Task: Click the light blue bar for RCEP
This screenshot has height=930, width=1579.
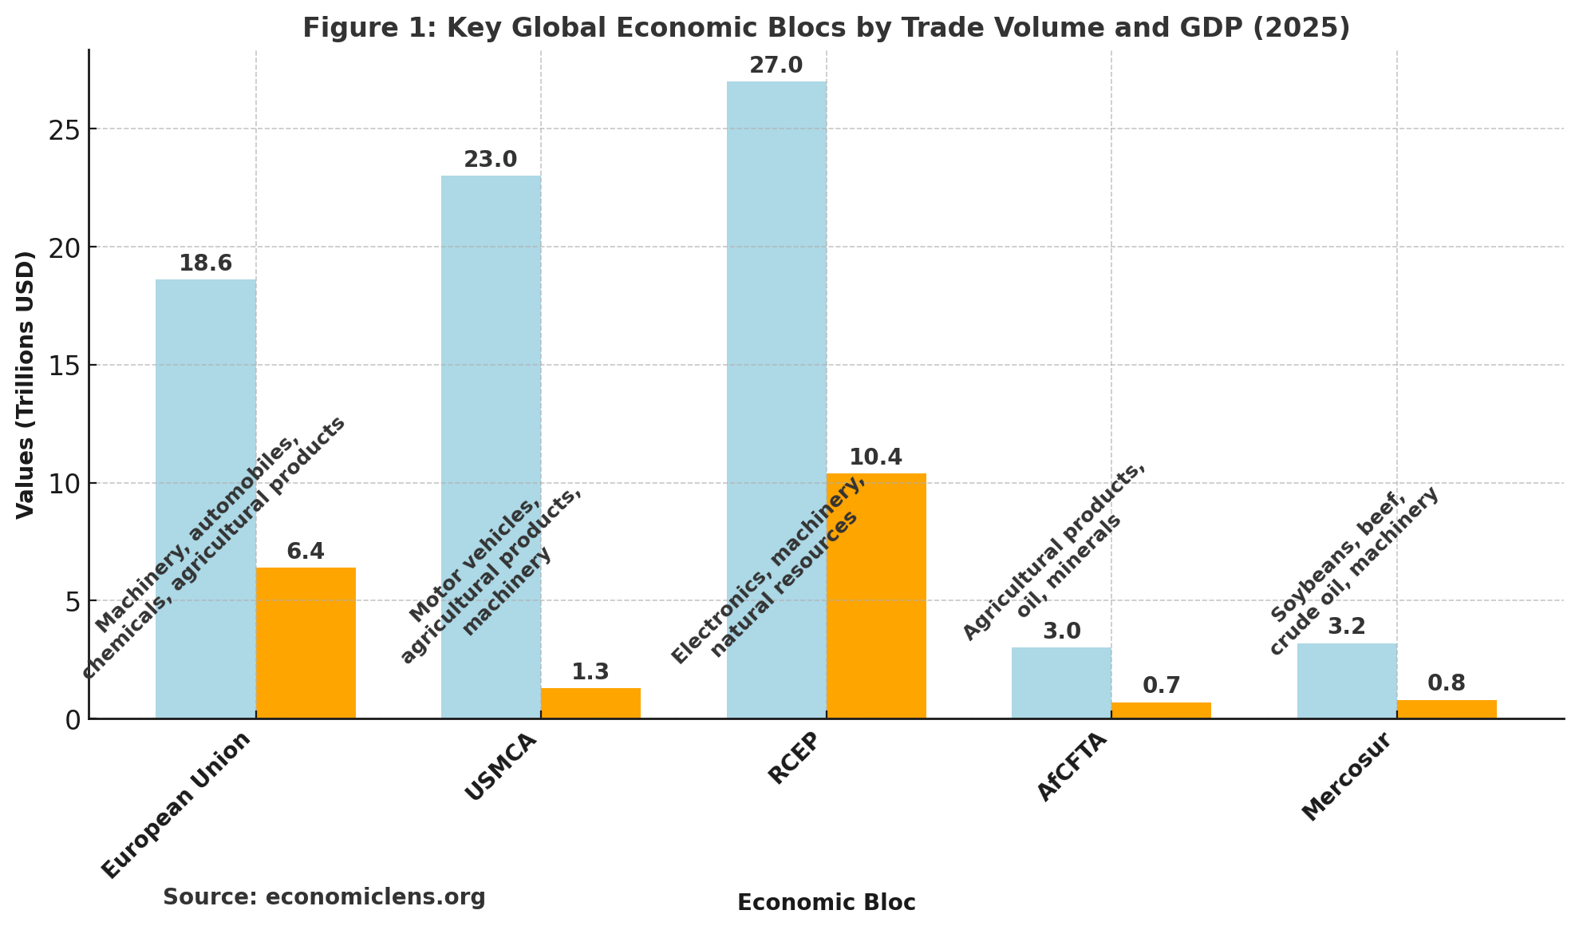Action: coord(776,319)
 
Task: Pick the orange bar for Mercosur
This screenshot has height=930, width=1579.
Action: coord(1446,709)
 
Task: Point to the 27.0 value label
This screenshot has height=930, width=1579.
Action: coord(776,65)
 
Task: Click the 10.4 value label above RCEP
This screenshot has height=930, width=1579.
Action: coord(875,457)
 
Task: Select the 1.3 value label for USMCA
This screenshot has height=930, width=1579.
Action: coord(590,672)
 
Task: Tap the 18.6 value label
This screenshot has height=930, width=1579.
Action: coord(205,263)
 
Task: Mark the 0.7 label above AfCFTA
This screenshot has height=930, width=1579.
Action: coord(1161,686)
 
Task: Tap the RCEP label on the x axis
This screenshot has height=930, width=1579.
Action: coord(794,758)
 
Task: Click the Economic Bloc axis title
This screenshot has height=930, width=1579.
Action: coord(826,903)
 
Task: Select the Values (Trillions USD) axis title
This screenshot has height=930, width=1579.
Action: coord(26,384)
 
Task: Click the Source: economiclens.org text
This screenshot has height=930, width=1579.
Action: coord(324,897)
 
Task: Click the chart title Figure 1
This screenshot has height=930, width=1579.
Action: coord(826,28)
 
